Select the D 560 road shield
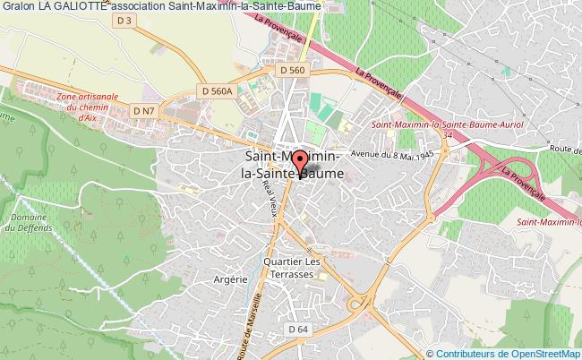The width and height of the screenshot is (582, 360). click(293, 70)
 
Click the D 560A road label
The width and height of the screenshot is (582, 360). click(217, 90)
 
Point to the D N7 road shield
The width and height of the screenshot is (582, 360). click(143, 109)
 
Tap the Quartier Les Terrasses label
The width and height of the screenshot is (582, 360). click(291, 266)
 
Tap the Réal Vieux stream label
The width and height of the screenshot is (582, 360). click(266, 192)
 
